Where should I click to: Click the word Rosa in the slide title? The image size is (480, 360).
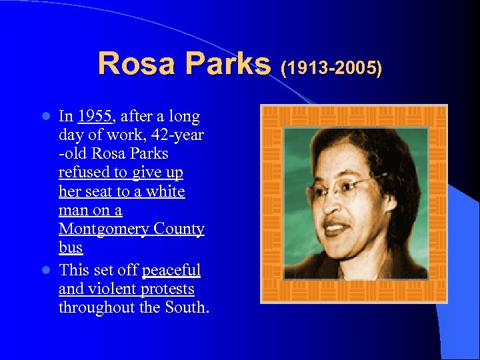[137, 64]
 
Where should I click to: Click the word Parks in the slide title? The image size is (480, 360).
[227, 64]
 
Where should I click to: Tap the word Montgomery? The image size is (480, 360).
[102, 229]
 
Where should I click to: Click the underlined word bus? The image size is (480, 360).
[70, 248]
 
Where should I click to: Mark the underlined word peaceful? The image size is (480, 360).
[171, 271]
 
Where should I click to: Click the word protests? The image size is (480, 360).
[167, 289]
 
